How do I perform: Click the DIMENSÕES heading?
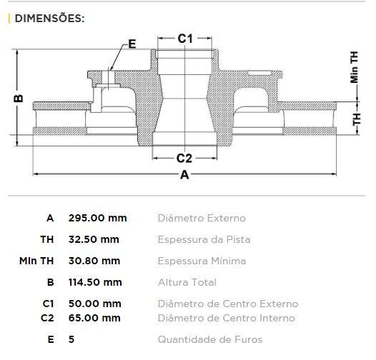pyautogui.click(x=49, y=19)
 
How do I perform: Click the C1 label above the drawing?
pyautogui.click(x=185, y=39)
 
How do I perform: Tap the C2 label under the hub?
pyautogui.click(x=184, y=158)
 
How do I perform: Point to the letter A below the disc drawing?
pyautogui.click(x=184, y=176)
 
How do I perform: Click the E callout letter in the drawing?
pyautogui.click(x=132, y=44)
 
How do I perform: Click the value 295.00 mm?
pyautogui.click(x=97, y=218)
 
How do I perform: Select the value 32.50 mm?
pyautogui.click(x=94, y=239)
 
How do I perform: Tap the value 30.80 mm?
pyautogui.click(x=94, y=261)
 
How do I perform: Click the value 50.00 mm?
pyautogui.click(x=94, y=304)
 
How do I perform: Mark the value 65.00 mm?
pyautogui.click(x=94, y=318)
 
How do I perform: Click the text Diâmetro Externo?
pyautogui.click(x=201, y=218)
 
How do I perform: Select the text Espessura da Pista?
pyautogui.click(x=204, y=239)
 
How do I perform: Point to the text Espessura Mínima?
pyautogui.click(x=202, y=261)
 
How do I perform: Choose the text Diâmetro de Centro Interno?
pyautogui.click(x=226, y=318)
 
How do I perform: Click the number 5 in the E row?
pyautogui.click(x=71, y=339)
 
